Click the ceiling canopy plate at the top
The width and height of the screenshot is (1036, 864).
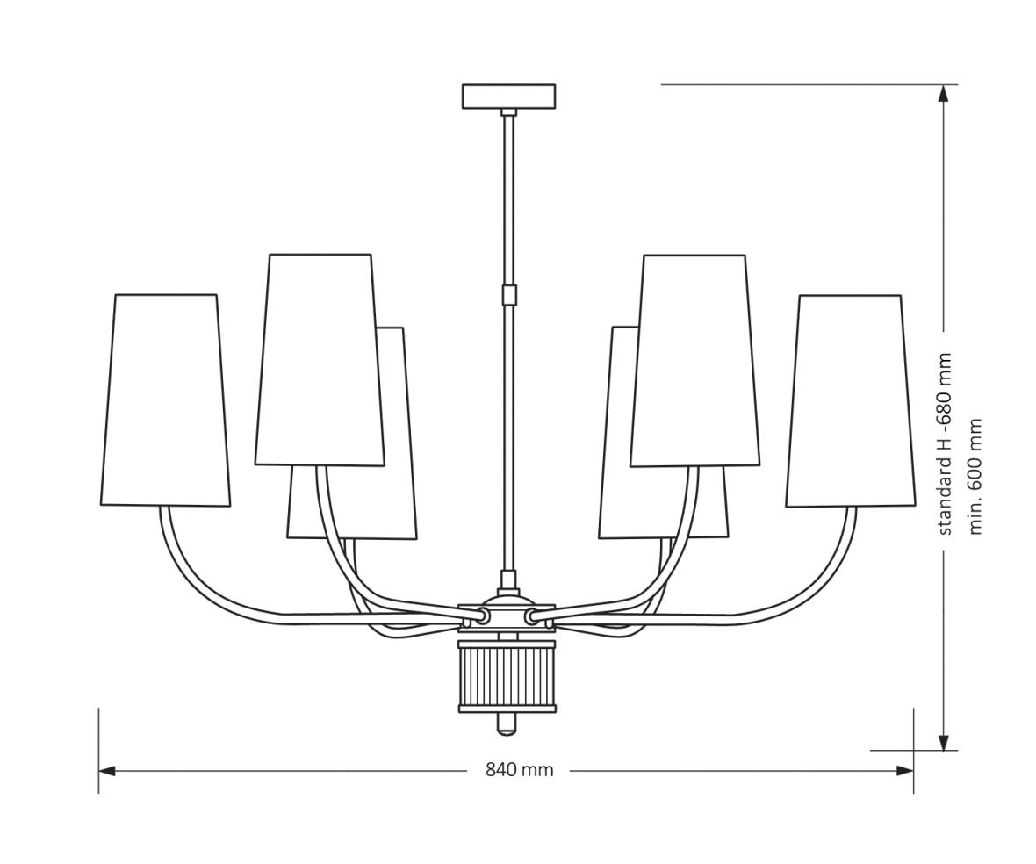[508, 96]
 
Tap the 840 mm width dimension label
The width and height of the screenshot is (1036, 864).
[519, 770]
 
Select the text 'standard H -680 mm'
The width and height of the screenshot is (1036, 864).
[945, 443]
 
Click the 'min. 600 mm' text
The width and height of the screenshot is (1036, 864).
[975, 477]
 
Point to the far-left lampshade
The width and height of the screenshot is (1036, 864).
[165, 400]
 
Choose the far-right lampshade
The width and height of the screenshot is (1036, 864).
[850, 401]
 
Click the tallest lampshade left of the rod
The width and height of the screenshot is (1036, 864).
[320, 360]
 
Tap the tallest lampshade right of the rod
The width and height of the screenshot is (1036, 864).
[694, 361]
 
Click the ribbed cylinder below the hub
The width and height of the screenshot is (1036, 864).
[507, 676]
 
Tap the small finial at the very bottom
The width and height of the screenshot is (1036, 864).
[507, 724]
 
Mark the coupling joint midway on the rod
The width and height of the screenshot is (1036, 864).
[508, 294]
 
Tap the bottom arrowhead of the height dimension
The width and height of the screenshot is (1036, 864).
[944, 743]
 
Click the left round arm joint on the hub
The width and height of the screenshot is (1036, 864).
[482, 616]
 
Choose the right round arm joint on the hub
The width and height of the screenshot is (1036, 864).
[532, 616]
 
